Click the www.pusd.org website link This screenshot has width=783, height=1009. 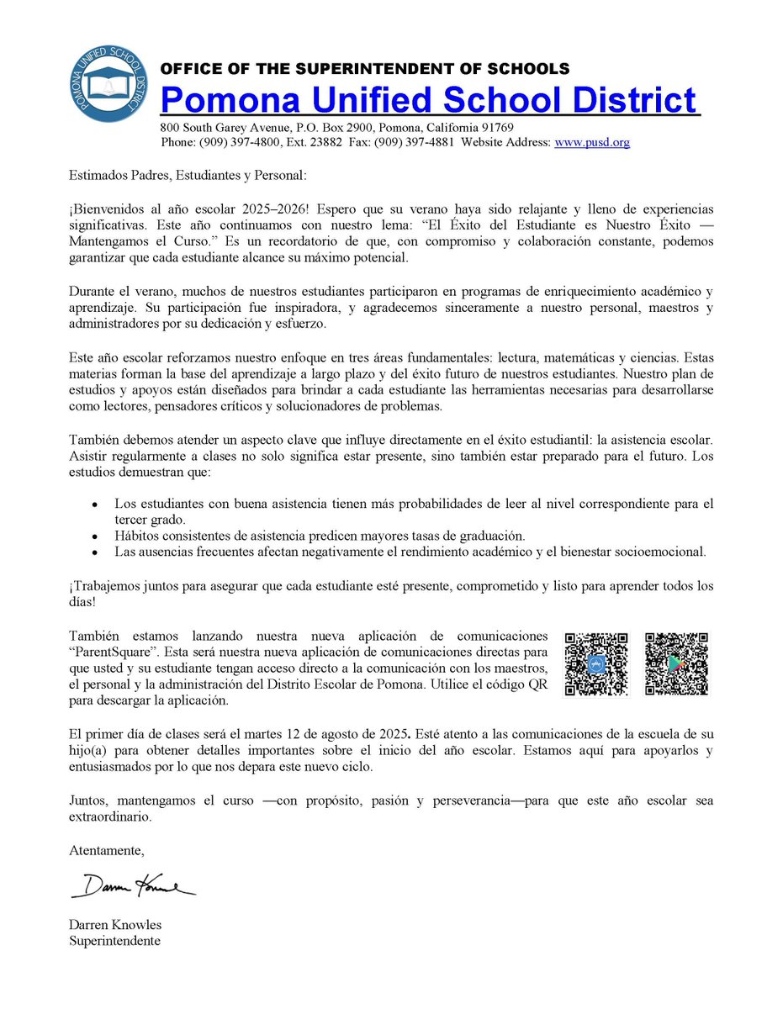(x=591, y=143)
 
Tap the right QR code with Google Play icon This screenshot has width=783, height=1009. (x=675, y=663)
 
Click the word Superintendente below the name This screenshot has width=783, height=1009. (x=114, y=940)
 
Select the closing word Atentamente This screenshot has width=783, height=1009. (x=106, y=851)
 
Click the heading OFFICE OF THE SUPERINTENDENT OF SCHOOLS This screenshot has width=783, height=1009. (x=365, y=69)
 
